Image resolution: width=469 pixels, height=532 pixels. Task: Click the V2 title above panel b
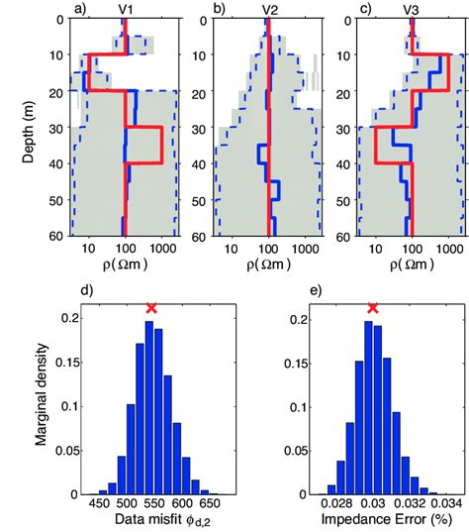[269, 10]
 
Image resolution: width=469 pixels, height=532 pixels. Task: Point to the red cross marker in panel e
[373, 308]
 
